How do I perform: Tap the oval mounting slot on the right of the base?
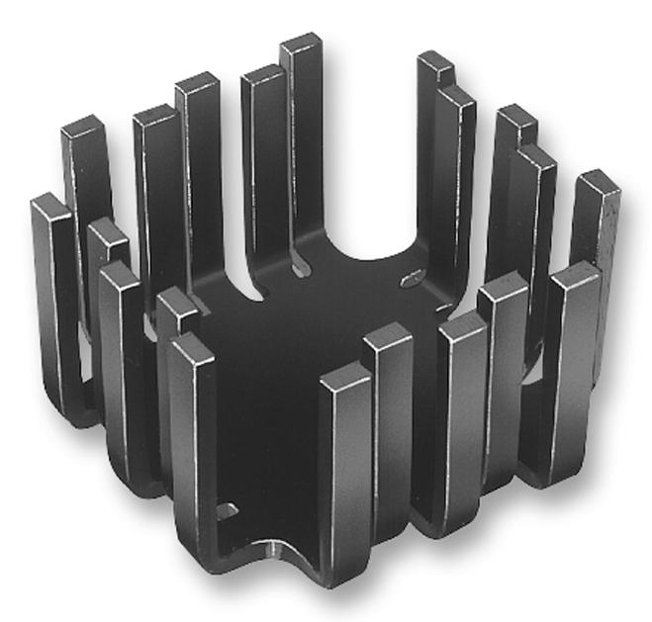click(412, 278)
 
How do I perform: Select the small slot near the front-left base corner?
click(227, 511)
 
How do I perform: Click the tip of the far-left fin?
click(48, 204)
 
